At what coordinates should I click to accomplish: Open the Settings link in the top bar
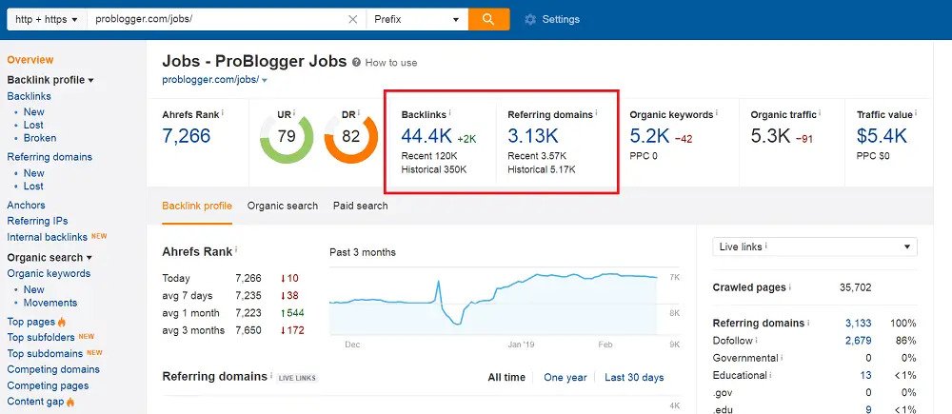click(x=552, y=19)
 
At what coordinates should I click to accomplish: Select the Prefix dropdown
click(x=417, y=19)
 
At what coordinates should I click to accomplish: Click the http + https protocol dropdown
click(x=46, y=19)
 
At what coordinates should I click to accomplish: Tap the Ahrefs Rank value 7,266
click(x=187, y=136)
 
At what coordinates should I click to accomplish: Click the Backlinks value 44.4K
click(x=427, y=136)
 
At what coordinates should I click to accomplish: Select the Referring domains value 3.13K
click(x=533, y=136)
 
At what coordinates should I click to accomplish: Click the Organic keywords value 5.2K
click(x=650, y=136)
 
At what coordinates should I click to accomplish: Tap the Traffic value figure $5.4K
click(x=882, y=136)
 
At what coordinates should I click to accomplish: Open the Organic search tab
click(x=283, y=206)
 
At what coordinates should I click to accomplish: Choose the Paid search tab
click(x=360, y=206)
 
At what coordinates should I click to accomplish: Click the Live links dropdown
click(x=814, y=246)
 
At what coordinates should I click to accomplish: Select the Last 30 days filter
click(x=634, y=378)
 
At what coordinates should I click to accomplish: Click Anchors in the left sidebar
click(x=26, y=205)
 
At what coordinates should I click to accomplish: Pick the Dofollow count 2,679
click(x=858, y=340)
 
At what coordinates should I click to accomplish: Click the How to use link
click(x=390, y=63)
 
